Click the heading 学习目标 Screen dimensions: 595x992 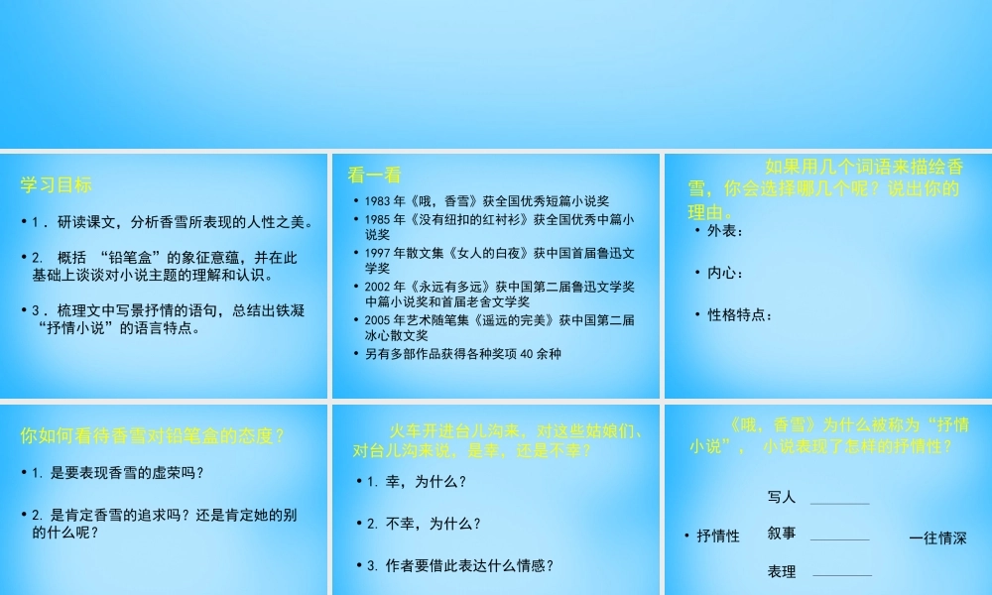pyautogui.click(x=56, y=184)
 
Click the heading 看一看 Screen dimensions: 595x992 pyautogui.click(x=375, y=176)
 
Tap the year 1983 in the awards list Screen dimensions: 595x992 pyautogui.click(x=379, y=201)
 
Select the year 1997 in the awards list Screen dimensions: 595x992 pyautogui.click(x=379, y=254)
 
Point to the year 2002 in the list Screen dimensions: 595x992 pyautogui.click(x=379, y=287)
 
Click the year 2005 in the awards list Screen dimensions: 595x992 pyautogui.click(x=379, y=319)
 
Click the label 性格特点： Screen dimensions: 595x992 pyautogui.click(x=739, y=315)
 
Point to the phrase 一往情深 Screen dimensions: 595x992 pyautogui.click(x=937, y=538)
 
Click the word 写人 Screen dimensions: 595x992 pyautogui.click(x=782, y=497)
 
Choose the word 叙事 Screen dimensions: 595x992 pyautogui.click(x=782, y=534)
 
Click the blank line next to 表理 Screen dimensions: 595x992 pyautogui.click(x=842, y=573)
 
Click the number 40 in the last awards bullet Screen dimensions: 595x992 pyautogui.click(x=527, y=353)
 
